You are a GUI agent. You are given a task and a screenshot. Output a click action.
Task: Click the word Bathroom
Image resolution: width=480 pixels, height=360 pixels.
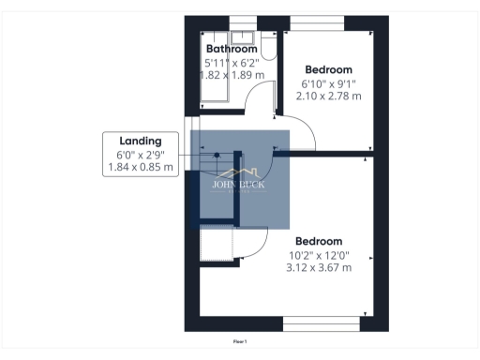[x=231, y=49]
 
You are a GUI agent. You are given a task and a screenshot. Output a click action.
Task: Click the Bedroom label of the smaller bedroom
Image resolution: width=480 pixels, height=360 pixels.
[x=328, y=69]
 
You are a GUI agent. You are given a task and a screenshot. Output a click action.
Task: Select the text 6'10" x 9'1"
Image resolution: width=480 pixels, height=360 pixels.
[x=328, y=83]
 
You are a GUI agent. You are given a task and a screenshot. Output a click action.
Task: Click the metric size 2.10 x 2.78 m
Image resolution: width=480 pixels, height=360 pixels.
[x=328, y=96]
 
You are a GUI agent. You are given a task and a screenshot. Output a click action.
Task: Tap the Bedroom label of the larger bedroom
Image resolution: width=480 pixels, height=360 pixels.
[x=319, y=241]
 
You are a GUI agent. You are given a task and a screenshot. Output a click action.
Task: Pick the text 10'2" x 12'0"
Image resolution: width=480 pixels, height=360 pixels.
[x=319, y=255]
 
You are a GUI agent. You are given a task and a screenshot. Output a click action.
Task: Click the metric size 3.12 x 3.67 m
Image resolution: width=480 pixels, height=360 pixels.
[x=319, y=268]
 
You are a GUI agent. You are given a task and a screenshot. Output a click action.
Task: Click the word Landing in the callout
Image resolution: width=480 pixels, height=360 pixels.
[x=140, y=141]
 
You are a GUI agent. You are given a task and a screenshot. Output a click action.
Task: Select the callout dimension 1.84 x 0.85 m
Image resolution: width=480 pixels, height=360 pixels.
[x=141, y=168]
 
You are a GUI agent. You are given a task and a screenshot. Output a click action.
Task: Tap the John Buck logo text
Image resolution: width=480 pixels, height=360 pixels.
[x=239, y=185]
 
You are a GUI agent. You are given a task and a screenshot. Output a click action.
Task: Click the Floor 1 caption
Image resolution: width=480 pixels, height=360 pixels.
[x=240, y=341]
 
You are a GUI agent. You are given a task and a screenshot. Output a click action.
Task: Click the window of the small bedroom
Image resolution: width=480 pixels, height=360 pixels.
[x=328, y=22]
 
